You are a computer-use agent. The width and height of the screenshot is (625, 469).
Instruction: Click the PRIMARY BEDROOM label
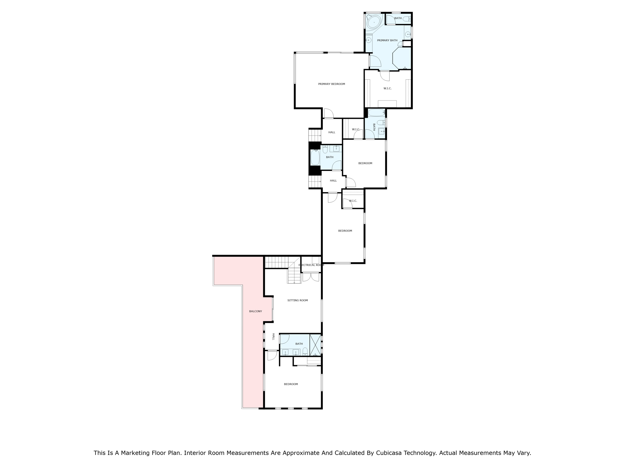331,84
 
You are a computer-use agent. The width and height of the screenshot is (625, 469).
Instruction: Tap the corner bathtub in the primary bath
374,22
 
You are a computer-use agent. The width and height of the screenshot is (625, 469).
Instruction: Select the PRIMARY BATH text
387,40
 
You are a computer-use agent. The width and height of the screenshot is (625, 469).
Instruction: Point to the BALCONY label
255,311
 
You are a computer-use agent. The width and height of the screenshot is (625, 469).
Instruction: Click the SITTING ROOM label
298,300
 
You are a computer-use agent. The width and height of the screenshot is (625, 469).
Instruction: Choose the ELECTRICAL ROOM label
311,265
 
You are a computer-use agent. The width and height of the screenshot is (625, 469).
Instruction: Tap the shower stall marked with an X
315,345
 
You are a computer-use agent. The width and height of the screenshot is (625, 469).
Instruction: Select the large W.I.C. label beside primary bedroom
387,89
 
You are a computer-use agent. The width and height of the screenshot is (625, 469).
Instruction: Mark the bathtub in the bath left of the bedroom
315,158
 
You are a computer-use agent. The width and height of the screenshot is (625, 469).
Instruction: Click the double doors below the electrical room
311,277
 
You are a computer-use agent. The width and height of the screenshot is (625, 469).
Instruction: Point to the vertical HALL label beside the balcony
273,337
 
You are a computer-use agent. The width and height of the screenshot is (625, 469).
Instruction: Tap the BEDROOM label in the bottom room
291,384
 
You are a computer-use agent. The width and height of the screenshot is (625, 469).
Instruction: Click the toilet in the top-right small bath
406,19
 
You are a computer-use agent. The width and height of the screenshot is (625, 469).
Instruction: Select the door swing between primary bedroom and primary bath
375,61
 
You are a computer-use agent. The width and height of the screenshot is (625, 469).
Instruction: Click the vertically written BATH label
374,127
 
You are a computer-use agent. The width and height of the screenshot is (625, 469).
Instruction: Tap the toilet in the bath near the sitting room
305,351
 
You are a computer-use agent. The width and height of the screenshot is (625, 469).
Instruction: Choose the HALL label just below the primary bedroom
332,132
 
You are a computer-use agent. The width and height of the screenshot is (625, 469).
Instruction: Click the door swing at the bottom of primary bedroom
328,114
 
